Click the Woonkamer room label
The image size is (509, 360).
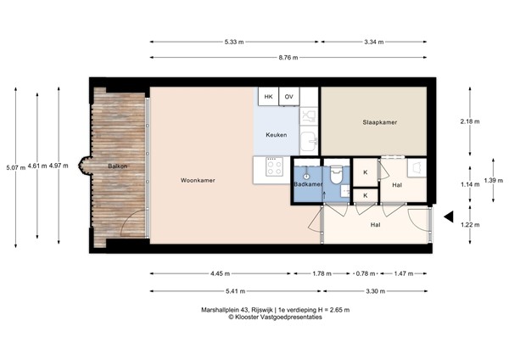(x=197, y=181)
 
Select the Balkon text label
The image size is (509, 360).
(x=117, y=166)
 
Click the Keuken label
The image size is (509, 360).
(x=277, y=135)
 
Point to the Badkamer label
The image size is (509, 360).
(x=307, y=184)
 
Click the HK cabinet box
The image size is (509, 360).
(x=269, y=97)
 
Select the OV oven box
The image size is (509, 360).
(x=289, y=97)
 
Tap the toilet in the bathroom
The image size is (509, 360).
(x=336, y=176)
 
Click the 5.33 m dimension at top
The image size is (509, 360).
(x=235, y=41)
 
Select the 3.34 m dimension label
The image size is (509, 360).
(x=373, y=41)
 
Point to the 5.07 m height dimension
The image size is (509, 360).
(x=14, y=167)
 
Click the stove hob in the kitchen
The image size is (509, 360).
(x=274, y=166)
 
